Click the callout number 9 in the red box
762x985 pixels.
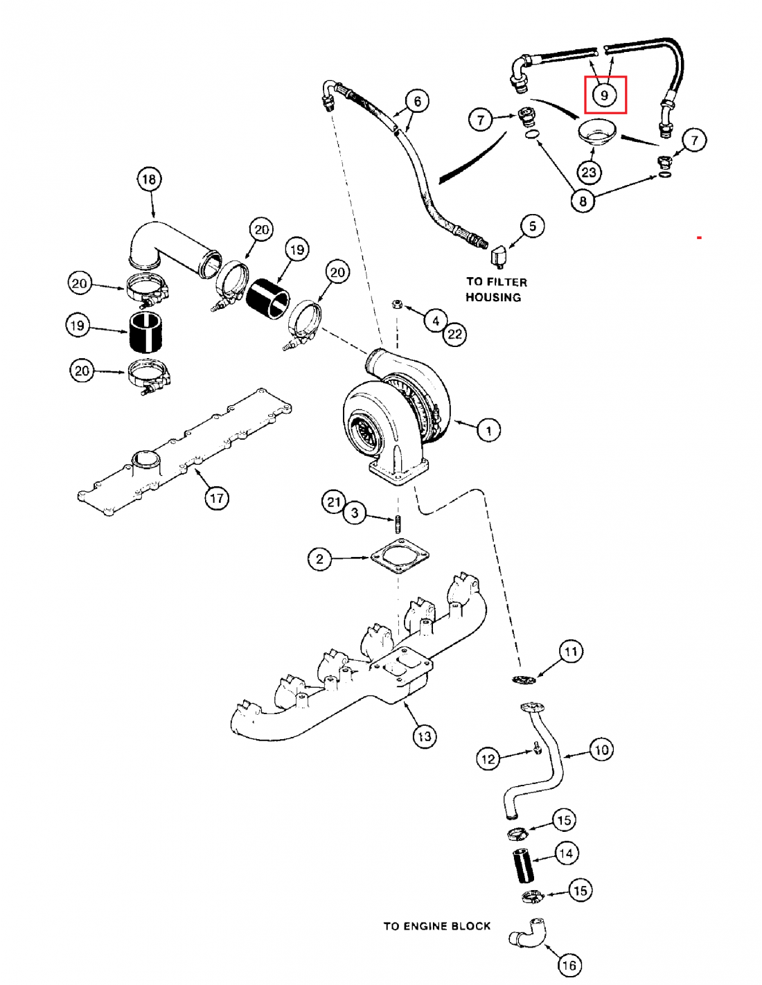[x=605, y=95]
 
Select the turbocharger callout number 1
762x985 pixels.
[x=488, y=430]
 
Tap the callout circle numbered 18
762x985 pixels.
[x=149, y=179]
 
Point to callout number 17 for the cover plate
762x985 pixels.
[x=217, y=497]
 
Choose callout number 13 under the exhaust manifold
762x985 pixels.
[x=424, y=736]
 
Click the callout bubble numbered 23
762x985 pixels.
[x=589, y=172]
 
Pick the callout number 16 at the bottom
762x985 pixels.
[x=569, y=964]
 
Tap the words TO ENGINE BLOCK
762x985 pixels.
[x=436, y=926]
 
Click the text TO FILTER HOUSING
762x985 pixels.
[x=495, y=290]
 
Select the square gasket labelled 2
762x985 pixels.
[x=400, y=556]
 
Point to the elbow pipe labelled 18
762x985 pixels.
[x=173, y=246]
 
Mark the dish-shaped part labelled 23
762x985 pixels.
[x=596, y=132]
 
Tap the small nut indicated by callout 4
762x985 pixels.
[x=397, y=304]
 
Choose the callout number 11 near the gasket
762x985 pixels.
[x=571, y=651]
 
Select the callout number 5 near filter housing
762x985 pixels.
[x=532, y=226]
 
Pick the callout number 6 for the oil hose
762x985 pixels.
[x=417, y=102]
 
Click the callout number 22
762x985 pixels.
[x=454, y=335]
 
